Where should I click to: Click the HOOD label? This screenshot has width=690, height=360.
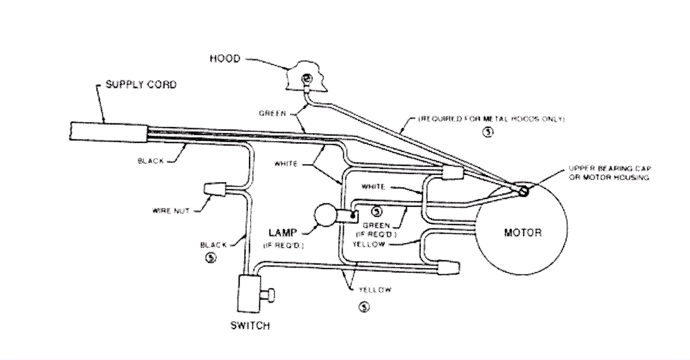pos(225,58)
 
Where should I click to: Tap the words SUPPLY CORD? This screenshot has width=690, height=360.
pos(141,84)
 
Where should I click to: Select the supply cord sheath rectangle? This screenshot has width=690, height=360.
pos(109,132)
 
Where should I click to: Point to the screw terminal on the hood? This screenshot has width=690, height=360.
pos(307,79)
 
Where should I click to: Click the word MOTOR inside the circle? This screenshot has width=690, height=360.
pos(523,233)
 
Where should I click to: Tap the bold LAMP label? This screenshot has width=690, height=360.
pos(282,233)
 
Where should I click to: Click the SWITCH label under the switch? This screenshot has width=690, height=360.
pos(250,325)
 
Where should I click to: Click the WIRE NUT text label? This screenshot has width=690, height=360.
pos(171,211)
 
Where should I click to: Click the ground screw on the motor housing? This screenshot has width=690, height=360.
pos(524,190)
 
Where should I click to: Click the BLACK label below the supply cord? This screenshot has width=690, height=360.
pos(151,161)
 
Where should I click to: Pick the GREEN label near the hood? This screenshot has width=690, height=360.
pos(272,114)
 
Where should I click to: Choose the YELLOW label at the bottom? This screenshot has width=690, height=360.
pos(375,290)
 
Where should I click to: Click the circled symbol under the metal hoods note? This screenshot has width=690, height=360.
pos(488,133)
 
